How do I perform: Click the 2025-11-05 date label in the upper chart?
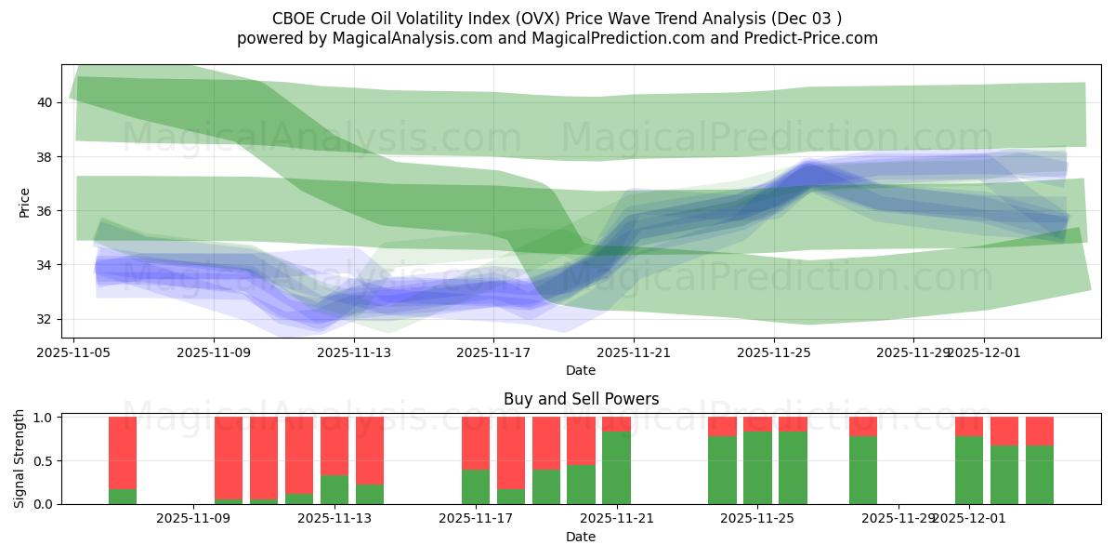click(x=74, y=352)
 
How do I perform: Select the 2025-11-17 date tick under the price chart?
click(x=493, y=352)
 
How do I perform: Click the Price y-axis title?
click(x=25, y=202)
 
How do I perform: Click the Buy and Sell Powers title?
click(x=581, y=399)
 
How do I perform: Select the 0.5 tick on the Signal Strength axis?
click(x=45, y=461)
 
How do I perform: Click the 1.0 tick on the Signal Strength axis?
click(x=45, y=418)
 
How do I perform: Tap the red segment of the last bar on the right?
click(x=1040, y=431)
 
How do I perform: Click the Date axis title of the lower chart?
click(x=581, y=537)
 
